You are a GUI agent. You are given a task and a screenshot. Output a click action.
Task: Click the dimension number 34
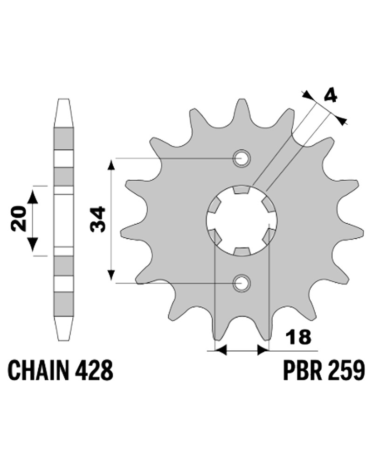click(x=98, y=219)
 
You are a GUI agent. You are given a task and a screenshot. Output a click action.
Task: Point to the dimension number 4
click(x=331, y=96)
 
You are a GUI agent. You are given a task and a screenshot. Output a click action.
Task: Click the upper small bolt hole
click(x=242, y=158)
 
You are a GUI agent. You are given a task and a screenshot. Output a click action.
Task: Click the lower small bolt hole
click(x=242, y=283)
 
